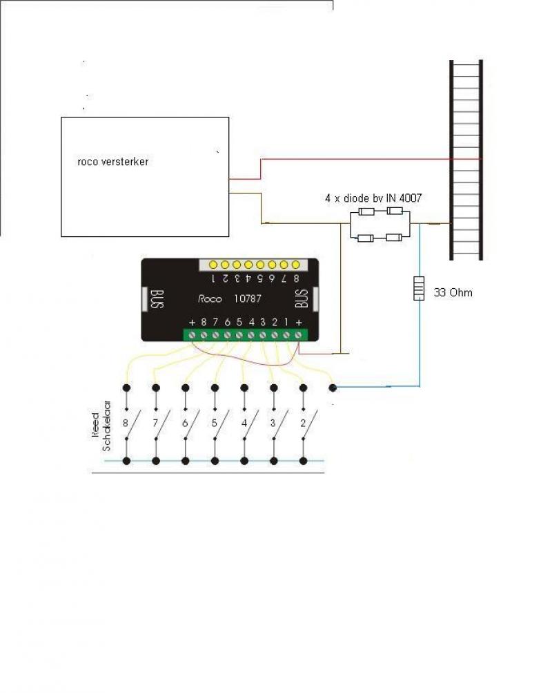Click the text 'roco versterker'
click(113, 161)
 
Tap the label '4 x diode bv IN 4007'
click(373, 198)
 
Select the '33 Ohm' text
click(453, 292)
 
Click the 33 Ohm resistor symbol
click(419, 288)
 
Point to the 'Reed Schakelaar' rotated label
click(101, 426)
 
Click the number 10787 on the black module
click(248, 298)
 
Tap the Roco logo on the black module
click(210, 299)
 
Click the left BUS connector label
click(158, 299)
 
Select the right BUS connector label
click(302, 298)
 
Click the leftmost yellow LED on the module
click(214, 265)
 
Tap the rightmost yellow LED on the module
click(295, 265)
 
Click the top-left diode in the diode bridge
click(366, 211)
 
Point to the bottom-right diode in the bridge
click(394, 238)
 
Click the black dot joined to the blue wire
click(333, 388)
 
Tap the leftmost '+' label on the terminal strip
click(192, 323)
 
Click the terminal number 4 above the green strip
click(252, 322)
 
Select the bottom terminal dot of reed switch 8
click(127, 461)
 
